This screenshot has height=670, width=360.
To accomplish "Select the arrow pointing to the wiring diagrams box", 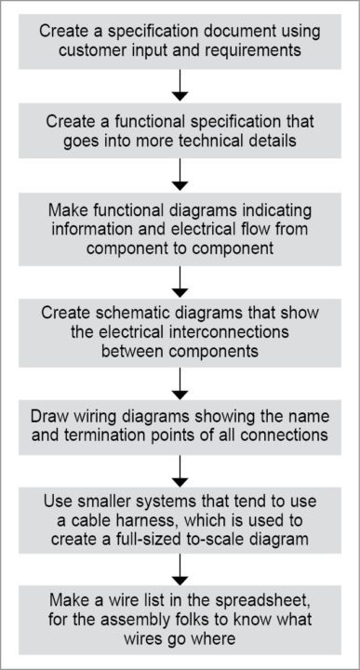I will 180,383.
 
